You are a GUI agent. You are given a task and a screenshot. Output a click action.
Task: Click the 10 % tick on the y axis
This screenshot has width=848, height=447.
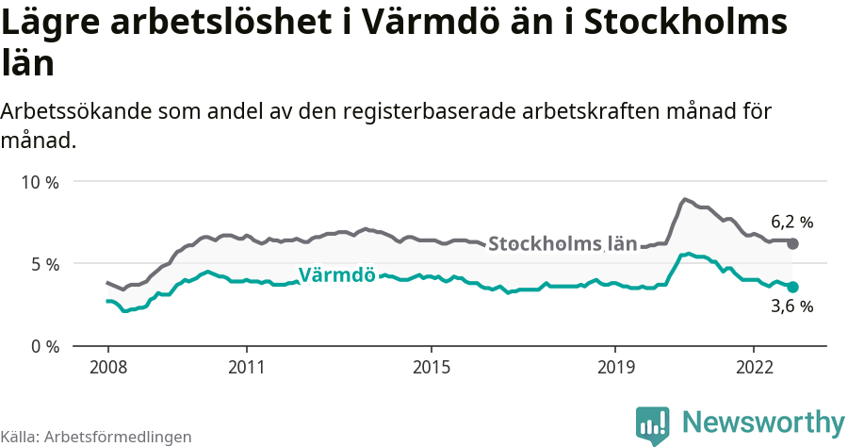(x=39, y=182)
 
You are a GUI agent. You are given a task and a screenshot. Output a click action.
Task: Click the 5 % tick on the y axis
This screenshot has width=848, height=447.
(x=43, y=264)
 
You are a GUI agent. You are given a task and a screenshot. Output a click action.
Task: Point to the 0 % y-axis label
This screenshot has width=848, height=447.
(x=43, y=346)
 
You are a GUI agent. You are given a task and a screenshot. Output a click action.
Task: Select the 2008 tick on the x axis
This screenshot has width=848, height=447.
(x=107, y=366)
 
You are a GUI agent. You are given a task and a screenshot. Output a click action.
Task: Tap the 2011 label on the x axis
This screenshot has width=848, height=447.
(x=246, y=366)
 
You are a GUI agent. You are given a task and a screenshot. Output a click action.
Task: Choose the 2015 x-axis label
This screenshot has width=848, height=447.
(x=431, y=366)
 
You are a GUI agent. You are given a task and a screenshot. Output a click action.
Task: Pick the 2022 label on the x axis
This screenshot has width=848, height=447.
(x=754, y=366)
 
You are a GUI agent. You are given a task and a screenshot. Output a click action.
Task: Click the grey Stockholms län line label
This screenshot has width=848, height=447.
(x=563, y=243)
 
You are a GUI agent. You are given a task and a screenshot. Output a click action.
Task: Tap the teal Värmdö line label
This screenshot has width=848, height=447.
(x=337, y=275)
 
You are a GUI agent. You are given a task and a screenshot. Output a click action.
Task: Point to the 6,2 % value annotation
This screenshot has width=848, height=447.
(x=791, y=223)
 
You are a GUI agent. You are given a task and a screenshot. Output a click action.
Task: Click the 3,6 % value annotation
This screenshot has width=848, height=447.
(x=791, y=306)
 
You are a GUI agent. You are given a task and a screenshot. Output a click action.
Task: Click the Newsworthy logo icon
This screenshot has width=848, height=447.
(x=652, y=424)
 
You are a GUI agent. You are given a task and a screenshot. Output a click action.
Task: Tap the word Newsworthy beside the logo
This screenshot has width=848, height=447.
(x=763, y=422)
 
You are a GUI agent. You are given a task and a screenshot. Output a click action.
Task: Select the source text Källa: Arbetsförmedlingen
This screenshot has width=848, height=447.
(x=96, y=438)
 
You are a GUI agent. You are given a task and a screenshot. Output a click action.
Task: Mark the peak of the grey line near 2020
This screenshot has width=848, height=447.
(x=685, y=199)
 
